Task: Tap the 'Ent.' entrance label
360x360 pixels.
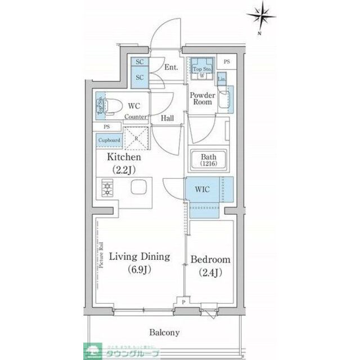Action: click(x=171, y=67)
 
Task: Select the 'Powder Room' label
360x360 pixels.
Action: click(x=202, y=98)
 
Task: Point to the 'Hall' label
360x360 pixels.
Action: click(x=167, y=118)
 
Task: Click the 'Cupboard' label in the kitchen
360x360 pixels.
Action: click(x=109, y=139)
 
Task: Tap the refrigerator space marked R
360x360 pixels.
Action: click(x=135, y=137)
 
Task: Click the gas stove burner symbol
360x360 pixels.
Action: click(x=106, y=188)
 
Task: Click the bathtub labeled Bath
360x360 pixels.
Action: click(x=207, y=160)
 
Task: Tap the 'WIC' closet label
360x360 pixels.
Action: click(x=202, y=190)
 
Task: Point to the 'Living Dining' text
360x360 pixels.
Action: click(x=139, y=257)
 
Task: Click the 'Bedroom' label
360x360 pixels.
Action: click(x=211, y=260)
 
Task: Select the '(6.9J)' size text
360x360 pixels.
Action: click(x=139, y=269)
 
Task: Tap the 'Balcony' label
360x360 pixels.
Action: click(x=164, y=332)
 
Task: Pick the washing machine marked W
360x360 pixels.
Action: click(x=201, y=74)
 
